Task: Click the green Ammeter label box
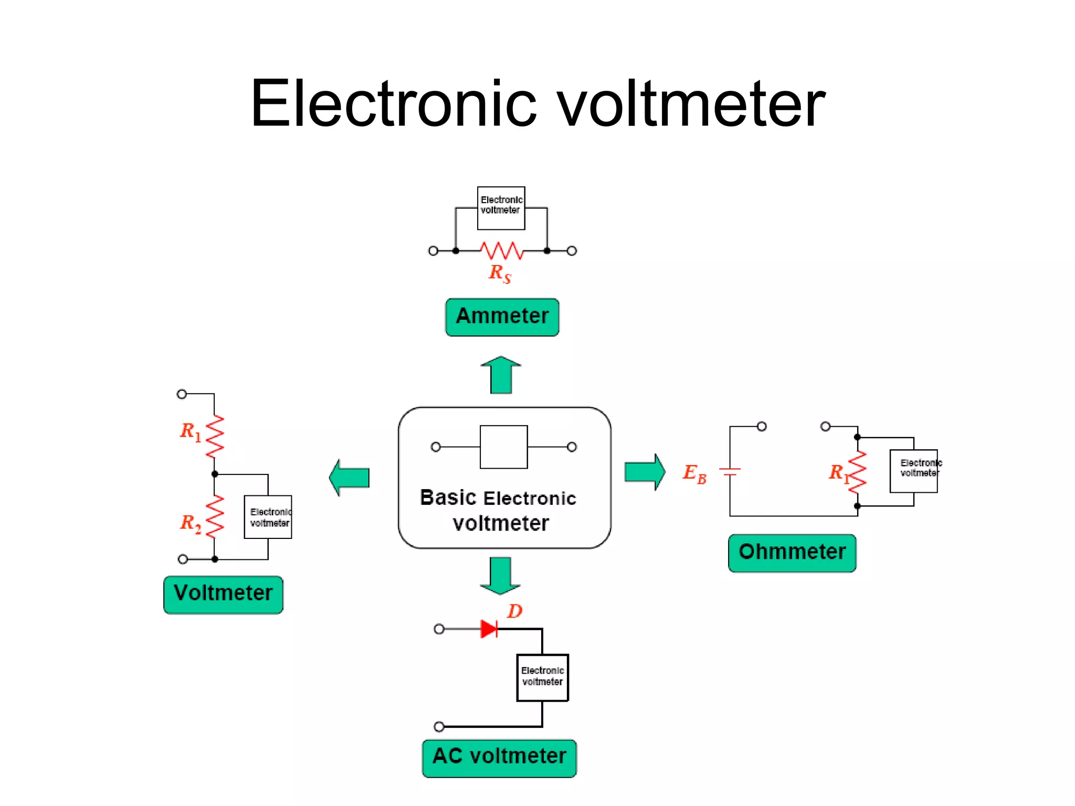pyautogui.click(x=502, y=317)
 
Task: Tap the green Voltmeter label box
pyautogui.click(x=223, y=594)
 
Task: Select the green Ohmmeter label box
pyautogui.click(x=792, y=553)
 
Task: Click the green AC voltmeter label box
pyautogui.click(x=499, y=757)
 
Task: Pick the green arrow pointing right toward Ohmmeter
pyautogui.click(x=645, y=472)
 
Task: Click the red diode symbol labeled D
pyautogui.click(x=489, y=629)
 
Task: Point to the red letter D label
pyautogui.click(x=514, y=611)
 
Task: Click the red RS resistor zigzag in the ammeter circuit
pyautogui.click(x=502, y=250)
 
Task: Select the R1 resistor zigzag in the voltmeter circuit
pyautogui.click(x=215, y=436)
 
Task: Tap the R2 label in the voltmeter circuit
pyautogui.click(x=190, y=523)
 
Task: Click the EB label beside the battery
pyautogui.click(x=694, y=473)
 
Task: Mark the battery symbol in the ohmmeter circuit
pyautogui.click(x=730, y=471)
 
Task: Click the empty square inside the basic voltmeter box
pyautogui.click(x=503, y=447)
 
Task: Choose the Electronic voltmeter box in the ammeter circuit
pyautogui.click(x=501, y=208)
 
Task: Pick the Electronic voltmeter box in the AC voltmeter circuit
pyautogui.click(x=542, y=677)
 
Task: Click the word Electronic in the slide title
pyautogui.click(x=393, y=103)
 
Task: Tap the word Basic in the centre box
pyautogui.click(x=448, y=497)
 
